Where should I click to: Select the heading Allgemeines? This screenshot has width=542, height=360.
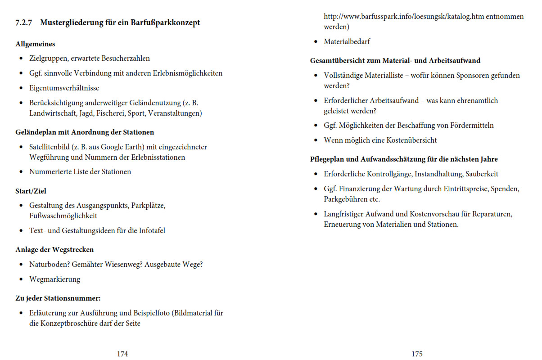35,44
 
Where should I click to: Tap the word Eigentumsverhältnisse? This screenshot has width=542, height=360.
64,88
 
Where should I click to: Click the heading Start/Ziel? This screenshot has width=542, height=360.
31,191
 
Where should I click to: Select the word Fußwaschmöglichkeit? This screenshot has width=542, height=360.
63,216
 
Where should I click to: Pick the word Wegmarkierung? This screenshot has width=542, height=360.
54,279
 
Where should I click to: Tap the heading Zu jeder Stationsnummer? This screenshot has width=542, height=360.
58,298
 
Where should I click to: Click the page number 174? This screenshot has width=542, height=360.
122,354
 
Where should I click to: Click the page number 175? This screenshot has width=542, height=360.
417,354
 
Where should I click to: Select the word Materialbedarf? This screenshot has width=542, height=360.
347,42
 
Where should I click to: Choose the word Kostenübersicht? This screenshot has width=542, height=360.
410,140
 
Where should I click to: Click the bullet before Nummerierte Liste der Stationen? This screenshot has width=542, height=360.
21,172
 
